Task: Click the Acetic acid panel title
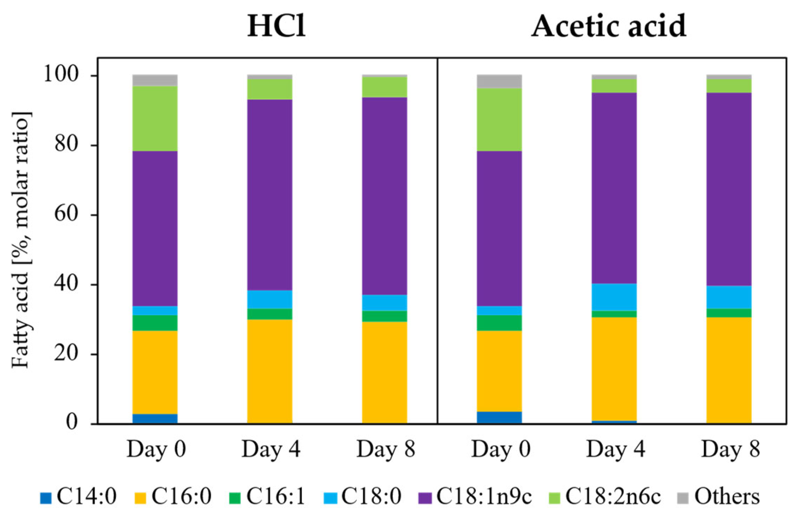coord(609,26)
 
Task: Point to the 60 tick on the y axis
coord(66,215)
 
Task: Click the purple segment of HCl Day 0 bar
coord(155,228)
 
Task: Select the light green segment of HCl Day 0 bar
coord(155,118)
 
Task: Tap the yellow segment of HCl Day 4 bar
coord(270,371)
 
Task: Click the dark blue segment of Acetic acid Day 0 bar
coord(499,417)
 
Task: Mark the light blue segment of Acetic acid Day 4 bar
coord(614,297)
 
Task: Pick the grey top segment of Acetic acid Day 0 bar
coord(499,81)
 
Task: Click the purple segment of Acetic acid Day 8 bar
coord(729,189)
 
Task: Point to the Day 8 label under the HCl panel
coord(386,449)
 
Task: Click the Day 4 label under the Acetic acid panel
coord(615,449)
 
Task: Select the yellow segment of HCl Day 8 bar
coord(385,373)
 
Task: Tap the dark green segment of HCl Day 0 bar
coord(155,323)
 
